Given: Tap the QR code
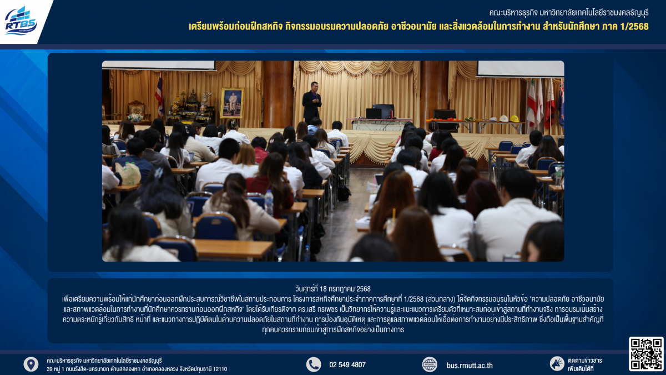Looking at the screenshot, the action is (x=646, y=354).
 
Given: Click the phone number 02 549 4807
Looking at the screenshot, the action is (x=347, y=365).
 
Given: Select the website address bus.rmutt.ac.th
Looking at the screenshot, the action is (x=470, y=365).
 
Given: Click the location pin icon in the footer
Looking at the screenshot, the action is (x=31, y=364).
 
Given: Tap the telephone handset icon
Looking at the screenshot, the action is (x=314, y=364).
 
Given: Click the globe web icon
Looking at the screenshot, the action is (x=430, y=364).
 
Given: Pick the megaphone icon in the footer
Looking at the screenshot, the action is (x=557, y=364).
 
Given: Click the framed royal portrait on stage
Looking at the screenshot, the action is (x=232, y=103).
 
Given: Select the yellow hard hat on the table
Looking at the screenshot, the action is (x=514, y=118).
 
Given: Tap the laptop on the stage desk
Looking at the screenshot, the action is (x=374, y=113).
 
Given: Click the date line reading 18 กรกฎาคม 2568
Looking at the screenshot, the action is (x=332, y=289).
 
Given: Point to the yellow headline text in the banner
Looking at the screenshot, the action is (x=418, y=27).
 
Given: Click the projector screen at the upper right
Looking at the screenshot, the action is (x=521, y=68).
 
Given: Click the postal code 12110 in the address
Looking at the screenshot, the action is (x=220, y=369).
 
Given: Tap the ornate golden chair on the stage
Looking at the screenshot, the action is (x=137, y=110).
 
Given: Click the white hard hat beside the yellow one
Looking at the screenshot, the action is (x=503, y=118).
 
